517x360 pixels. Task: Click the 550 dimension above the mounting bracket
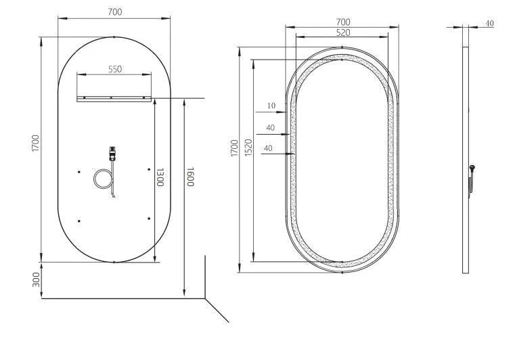tap(114, 69)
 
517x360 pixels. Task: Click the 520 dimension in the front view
tap(342, 32)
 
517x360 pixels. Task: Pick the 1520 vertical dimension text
tap(248, 148)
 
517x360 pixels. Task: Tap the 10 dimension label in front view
tap(271, 106)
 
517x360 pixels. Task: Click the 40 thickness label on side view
tap(490, 23)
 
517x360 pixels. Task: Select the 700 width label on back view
tap(114, 12)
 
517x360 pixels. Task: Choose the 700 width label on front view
tap(342, 22)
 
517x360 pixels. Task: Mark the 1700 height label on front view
tap(234, 148)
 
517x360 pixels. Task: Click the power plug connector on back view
tap(112, 154)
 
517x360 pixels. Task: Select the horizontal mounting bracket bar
tap(114, 99)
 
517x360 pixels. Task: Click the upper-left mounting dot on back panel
tap(80, 171)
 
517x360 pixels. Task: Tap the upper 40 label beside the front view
tap(270, 127)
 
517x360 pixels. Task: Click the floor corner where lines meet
tap(206, 298)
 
